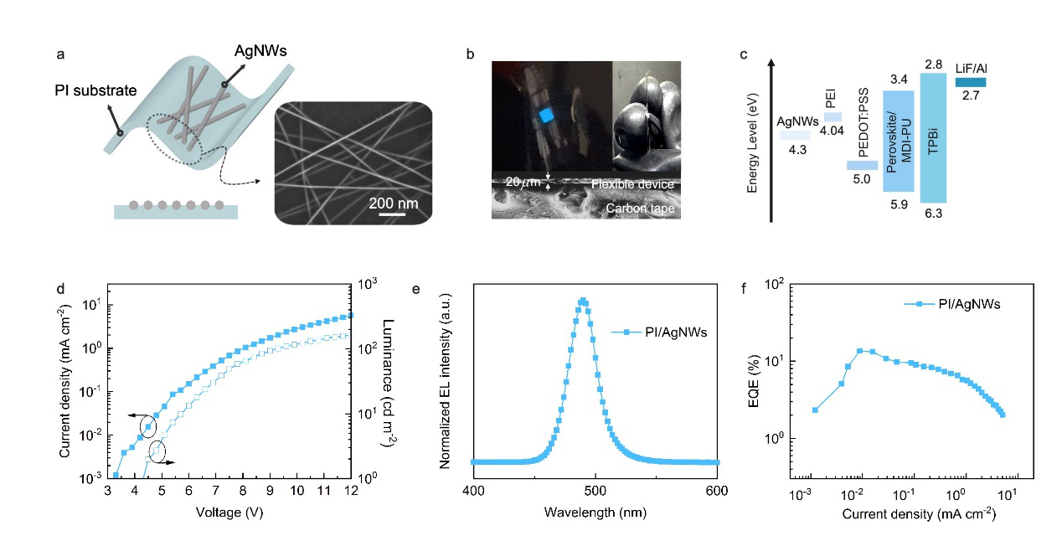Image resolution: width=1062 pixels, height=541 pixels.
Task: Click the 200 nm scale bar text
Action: pyautogui.click(x=393, y=203)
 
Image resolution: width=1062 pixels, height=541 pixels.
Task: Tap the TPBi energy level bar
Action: pyautogui.click(x=934, y=137)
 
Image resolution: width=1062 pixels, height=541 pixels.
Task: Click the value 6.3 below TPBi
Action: pyautogui.click(x=934, y=214)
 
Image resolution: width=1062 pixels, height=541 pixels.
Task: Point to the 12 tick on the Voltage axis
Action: pyautogui.click(x=351, y=491)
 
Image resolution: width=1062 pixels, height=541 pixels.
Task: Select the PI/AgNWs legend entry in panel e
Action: pyautogui.click(x=660, y=332)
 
